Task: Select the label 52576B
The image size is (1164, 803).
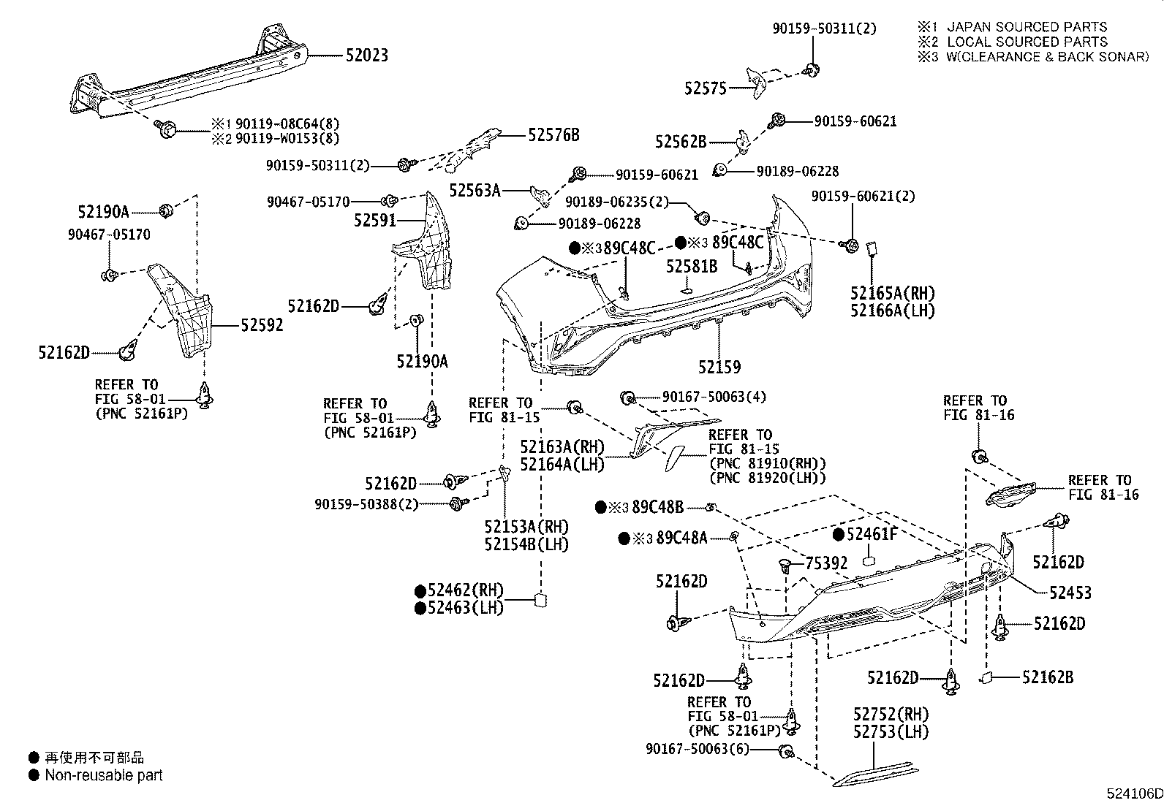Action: (x=553, y=134)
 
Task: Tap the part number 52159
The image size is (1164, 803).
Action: (x=719, y=367)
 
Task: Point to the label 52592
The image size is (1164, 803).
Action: (x=262, y=326)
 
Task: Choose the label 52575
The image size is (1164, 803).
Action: (x=705, y=88)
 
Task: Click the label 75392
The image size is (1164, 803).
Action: (x=826, y=563)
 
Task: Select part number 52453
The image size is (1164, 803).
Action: (x=1070, y=593)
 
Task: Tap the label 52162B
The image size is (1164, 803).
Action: (x=1047, y=677)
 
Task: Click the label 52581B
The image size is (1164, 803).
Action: (x=691, y=267)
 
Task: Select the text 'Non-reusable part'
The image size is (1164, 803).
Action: (x=103, y=775)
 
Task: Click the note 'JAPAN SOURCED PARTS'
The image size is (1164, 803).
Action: (x=1027, y=27)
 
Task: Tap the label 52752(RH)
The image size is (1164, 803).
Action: (x=891, y=714)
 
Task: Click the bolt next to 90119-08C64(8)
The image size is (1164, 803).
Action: (x=166, y=132)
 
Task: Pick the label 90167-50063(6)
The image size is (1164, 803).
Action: (x=698, y=749)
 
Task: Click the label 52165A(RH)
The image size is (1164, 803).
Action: (x=892, y=294)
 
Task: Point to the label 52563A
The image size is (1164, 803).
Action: (x=475, y=191)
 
